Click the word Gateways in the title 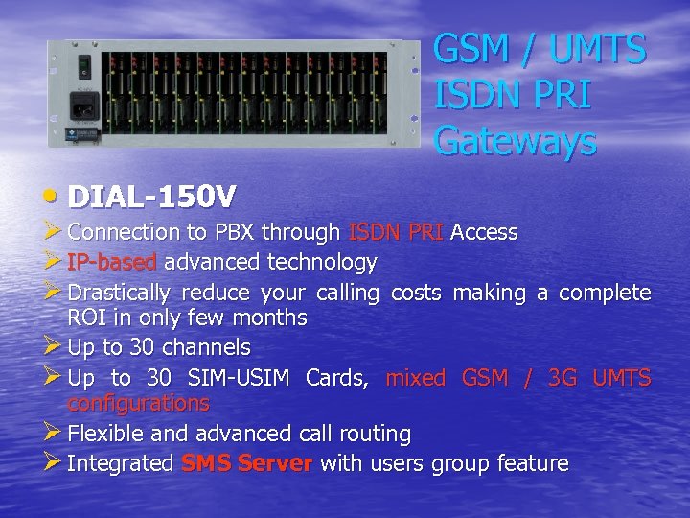point(515,141)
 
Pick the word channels point(205,346)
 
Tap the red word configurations point(138,403)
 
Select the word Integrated point(120,463)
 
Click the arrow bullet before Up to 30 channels point(53,345)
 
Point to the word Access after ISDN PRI point(484,232)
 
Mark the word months point(272,318)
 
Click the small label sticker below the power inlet point(85,134)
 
